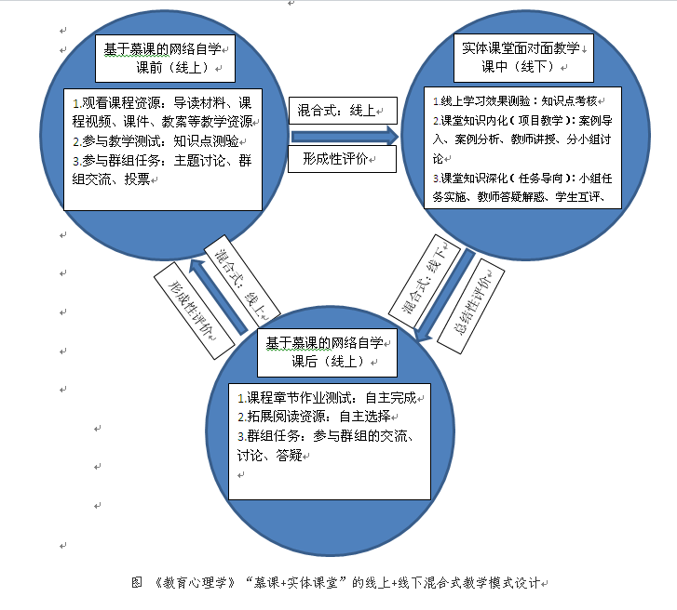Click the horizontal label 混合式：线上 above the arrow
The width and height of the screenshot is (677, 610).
click(343, 111)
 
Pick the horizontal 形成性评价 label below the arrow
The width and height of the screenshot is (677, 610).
click(343, 160)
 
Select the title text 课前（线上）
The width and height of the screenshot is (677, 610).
click(177, 68)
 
